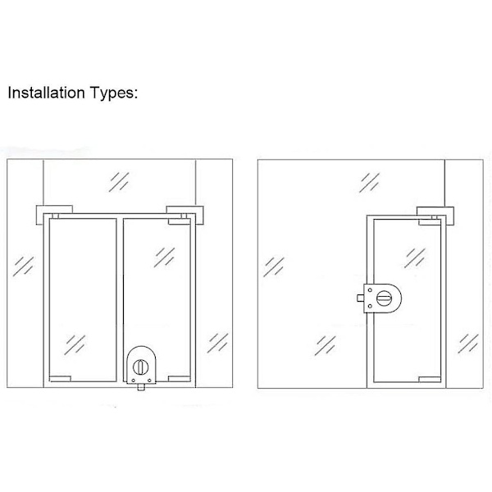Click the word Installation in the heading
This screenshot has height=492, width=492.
(47, 93)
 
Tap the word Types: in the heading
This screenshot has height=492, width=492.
(114, 93)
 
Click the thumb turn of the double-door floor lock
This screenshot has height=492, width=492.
(140, 367)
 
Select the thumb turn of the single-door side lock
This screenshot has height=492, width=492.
(384, 298)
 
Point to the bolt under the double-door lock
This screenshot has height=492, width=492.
(141, 387)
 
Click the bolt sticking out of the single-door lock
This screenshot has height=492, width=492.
(360, 298)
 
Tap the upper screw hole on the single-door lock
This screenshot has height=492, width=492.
(370, 290)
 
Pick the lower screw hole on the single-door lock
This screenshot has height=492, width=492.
(370, 306)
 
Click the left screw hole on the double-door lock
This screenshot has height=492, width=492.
(134, 380)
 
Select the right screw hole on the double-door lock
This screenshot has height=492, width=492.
(150, 380)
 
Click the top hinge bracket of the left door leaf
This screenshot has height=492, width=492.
(54, 215)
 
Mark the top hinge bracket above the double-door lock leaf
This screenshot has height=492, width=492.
(184, 215)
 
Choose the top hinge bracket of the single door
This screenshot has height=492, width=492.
(435, 216)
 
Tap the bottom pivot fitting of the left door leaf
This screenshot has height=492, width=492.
(60, 379)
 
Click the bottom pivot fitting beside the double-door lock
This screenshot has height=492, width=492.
(179, 379)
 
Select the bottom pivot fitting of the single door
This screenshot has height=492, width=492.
(430, 380)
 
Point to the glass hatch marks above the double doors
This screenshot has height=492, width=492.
(119, 182)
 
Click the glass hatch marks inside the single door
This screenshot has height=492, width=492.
(415, 258)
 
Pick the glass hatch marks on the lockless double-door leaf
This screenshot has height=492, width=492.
(75, 345)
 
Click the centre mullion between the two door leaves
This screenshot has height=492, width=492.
(120, 300)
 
